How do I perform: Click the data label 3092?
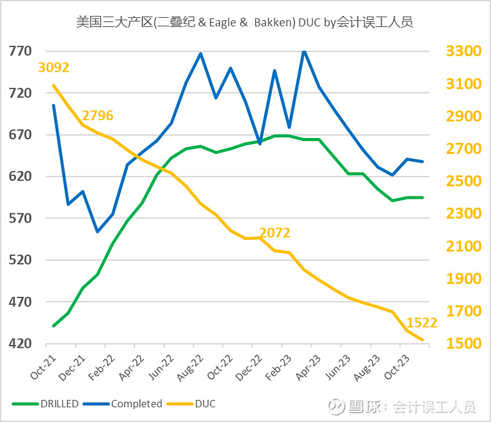pos(53,67)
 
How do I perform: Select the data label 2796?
pos(98,115)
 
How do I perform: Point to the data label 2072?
pos(275,233)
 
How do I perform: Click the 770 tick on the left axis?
pos(20,51)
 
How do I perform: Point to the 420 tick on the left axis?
pos(20,344)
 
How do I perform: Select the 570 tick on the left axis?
pos(20,218)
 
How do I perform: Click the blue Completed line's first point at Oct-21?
pos(53,105)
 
